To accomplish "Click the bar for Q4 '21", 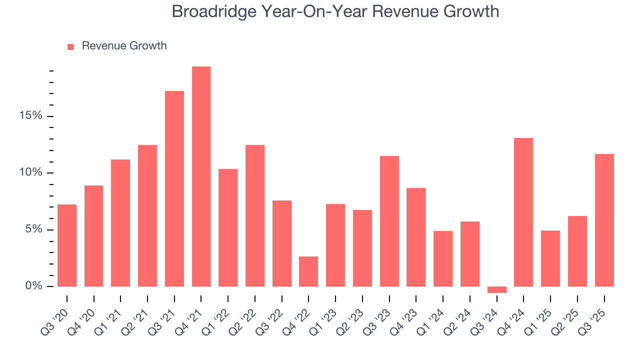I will coord(201,176).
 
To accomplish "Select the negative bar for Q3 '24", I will coord(497,289).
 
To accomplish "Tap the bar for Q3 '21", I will coord(174,188).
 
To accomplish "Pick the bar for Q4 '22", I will coord(308,271).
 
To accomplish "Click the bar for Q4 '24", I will coord(523,212).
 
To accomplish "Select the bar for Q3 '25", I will coord(604,220).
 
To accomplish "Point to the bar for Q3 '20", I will coord(67,245).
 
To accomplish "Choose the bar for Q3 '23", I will coord(389,221).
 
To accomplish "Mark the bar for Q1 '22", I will coord(228,227).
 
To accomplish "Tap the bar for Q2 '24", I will coord(470,254).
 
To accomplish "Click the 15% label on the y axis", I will coord(31,116).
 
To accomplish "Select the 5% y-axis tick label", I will coord(34,229).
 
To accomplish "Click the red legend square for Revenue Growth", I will coord(70,46).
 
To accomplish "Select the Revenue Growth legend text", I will coord(124,46).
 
